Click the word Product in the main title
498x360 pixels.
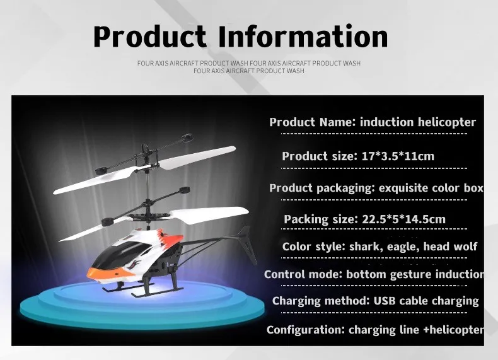pos(149,36)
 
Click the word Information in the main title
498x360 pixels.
pos(303,36)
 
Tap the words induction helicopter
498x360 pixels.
pos(418,122)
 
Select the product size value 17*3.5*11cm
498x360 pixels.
pos(398,156)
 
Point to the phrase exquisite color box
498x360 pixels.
pos(431,188)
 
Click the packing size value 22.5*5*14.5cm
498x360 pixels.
pos(403,219)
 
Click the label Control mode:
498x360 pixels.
pos(303,274)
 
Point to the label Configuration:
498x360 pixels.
pos(306,330)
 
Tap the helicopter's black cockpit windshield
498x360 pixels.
pos(120,253)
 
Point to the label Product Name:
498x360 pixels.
pos(313,122)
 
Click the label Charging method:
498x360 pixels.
pos(321,301)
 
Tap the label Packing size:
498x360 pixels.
pos(321,219)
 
